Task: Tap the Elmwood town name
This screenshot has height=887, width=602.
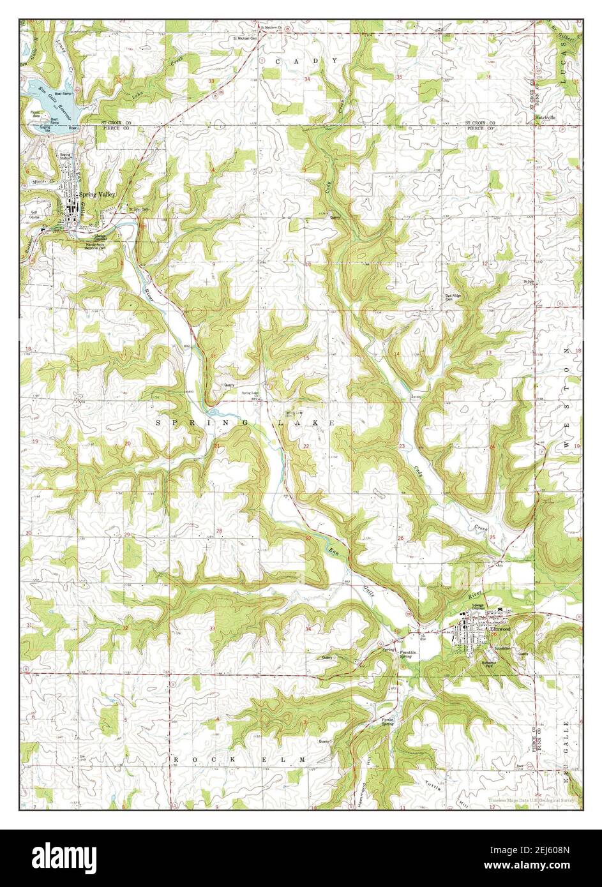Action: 500,629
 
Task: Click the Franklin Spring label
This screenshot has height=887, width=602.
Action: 409,655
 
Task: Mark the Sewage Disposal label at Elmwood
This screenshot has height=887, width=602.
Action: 479,606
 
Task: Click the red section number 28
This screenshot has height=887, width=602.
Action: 219,531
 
